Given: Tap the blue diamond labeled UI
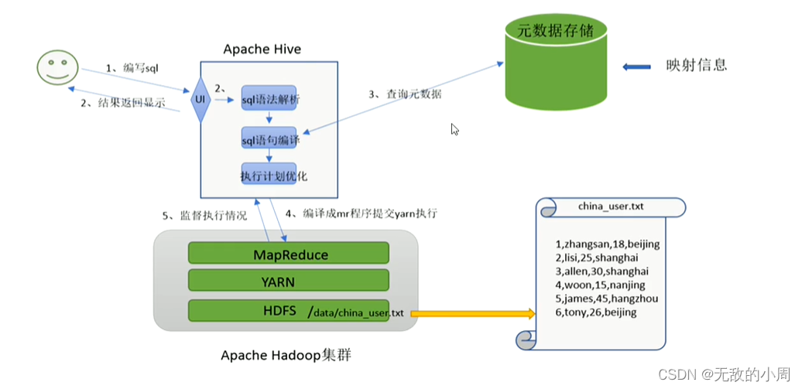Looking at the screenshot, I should (200, 99).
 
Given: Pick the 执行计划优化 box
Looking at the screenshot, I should (269, 176).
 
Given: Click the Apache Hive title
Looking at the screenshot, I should (262, 49).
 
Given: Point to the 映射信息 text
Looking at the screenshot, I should (696, 65).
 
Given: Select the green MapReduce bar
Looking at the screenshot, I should (289, 254).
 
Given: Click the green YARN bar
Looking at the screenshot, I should (289, 282).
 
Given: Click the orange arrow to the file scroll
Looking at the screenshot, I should (473, 313).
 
